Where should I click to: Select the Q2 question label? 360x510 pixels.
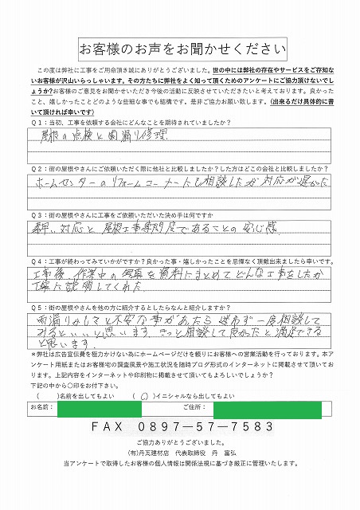(37, 169)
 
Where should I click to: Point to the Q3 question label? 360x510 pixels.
(37, 215)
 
